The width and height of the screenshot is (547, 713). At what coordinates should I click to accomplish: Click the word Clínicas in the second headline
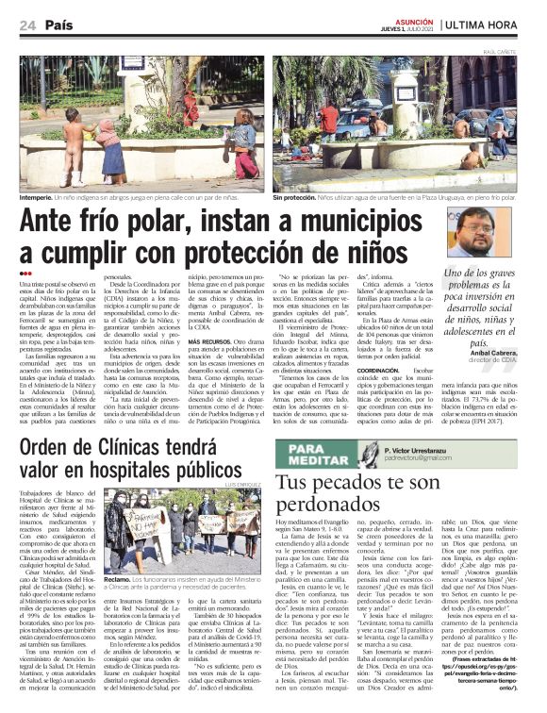[149, 445]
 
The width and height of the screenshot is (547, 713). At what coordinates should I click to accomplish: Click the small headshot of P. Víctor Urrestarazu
[370, 454]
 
